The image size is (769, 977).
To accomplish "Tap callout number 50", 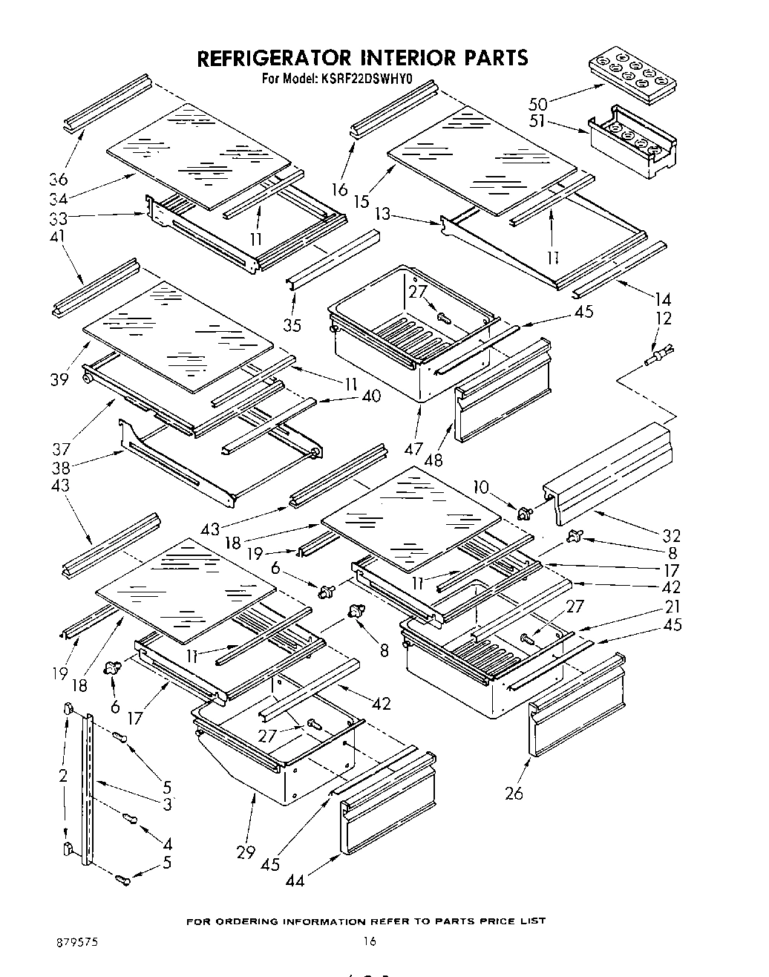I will pyautogui.click(x=538, y=104).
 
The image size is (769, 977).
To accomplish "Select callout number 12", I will pyautogui.click(x=664, y=318).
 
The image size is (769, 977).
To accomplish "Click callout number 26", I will pyautogui.click(x=514, y=794).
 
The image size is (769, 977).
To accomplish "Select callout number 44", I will pyautogui.click(x=295, y=880).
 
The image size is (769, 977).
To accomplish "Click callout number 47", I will pyautogui.click(x=413, y=448).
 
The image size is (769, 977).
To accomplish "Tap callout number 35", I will pyautogui.click(x=292, y=324).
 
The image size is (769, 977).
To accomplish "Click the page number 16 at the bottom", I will pyautogui.click(x=370, y=941).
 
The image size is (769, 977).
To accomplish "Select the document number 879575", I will pyautogui.click(x=77, y=941).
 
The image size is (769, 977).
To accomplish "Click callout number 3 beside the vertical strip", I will pyautogui.click(x=168, y=804).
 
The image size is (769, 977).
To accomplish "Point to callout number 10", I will pyautogui.click(x=482, y=486).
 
